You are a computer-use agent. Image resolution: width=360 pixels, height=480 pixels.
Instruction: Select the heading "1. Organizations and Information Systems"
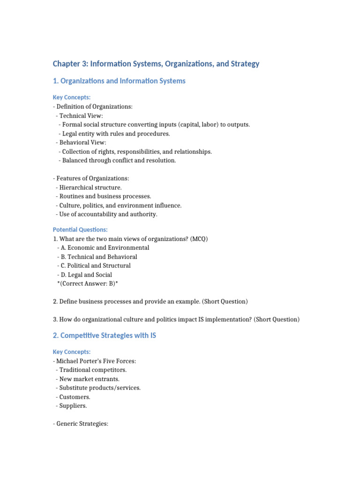119,81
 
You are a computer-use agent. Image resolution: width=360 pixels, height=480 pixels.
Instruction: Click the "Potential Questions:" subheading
80,230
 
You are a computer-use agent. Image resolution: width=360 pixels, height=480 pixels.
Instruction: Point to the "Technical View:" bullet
81,116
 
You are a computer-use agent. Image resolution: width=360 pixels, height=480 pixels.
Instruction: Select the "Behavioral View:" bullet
82,142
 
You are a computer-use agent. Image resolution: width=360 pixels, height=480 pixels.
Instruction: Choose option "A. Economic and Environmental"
105,247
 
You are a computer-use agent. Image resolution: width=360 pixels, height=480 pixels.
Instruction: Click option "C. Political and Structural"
95,266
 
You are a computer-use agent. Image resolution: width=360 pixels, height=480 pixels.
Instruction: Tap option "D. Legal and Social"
86,275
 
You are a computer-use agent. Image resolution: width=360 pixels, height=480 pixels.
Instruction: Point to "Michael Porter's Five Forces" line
96,361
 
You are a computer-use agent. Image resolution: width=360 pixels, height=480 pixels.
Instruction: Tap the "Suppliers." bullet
73,406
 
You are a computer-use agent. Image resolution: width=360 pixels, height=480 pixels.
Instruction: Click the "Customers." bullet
75,397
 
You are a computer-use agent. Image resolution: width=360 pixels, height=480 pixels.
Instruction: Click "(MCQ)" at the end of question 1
199,239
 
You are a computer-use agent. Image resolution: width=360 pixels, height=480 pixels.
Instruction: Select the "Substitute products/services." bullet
100,388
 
